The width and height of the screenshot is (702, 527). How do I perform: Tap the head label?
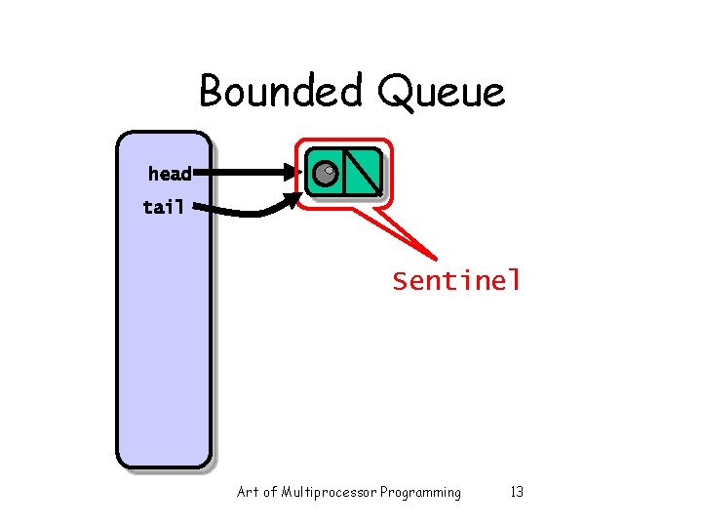(x=170, y=174)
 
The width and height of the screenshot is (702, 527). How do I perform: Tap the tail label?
(x=163, y=207)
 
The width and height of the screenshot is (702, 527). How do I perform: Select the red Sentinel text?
(x=456, y=281)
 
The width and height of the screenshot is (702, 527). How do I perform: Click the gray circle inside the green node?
(x=326, y=175)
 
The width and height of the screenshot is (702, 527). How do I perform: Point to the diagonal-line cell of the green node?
(x=362, y=173)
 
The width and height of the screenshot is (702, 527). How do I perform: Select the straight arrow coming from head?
(x=249, y=174)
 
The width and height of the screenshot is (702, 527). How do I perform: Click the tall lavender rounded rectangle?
(x=164, y=332)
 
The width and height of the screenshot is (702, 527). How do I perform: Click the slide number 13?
(x=517, y=492)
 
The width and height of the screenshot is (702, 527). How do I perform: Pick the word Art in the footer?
(x=248, y=492)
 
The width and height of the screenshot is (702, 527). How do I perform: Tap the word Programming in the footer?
(x=421, y=492)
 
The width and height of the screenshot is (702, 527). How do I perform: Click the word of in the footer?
(x=270, y=492)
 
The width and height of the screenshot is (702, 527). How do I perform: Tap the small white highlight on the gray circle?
(x=330, y=171)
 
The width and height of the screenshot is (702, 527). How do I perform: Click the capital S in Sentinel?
(x=400, y=281)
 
